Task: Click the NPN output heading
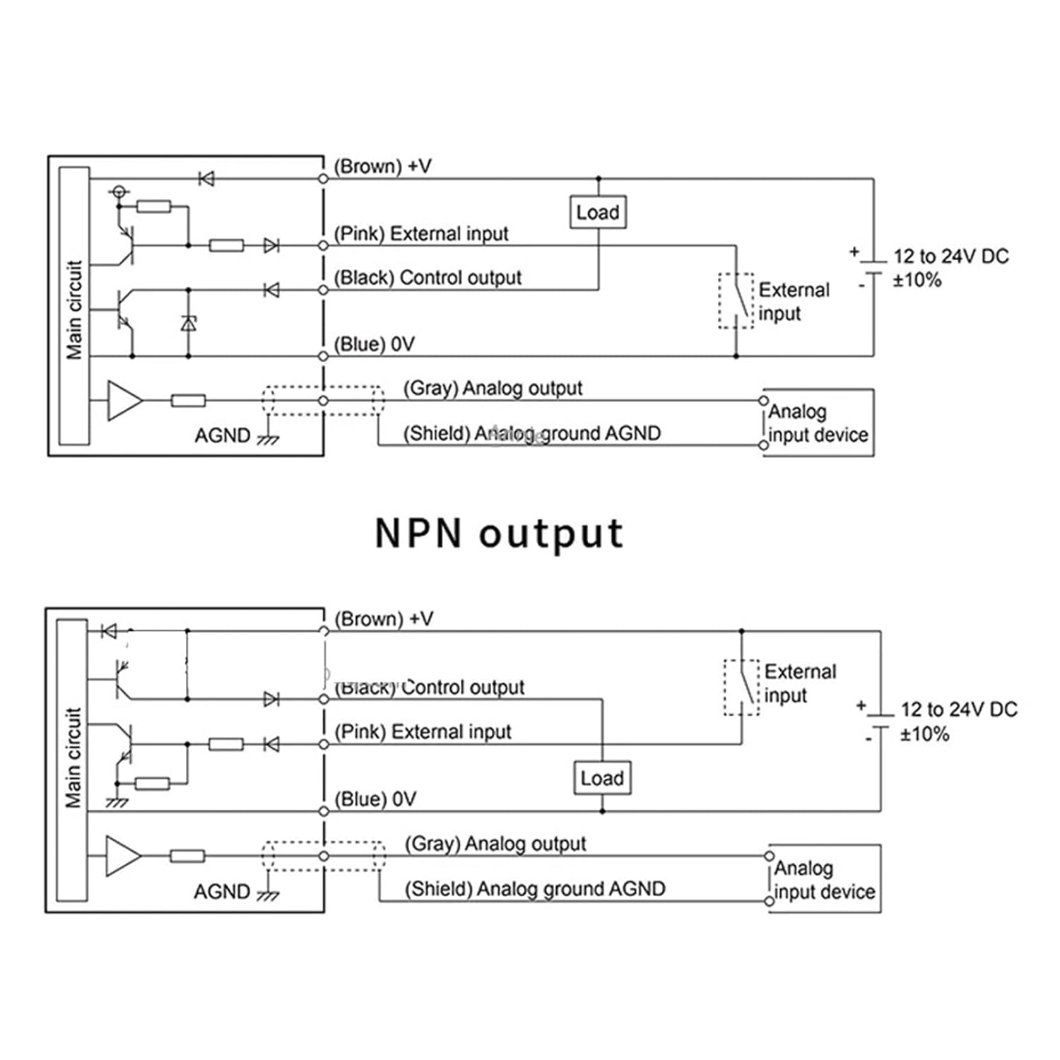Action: pos(499,534)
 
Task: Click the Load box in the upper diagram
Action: pos(598,212)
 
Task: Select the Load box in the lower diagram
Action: pos(602,778)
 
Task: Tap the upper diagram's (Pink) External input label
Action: pos(421,234)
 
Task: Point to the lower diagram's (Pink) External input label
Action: pos(423,731)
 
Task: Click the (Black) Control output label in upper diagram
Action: pos(428,278)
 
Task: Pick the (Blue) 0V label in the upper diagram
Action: pos(374,344)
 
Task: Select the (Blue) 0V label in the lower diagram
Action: pos(375,799)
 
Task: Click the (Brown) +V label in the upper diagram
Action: pos(382,167)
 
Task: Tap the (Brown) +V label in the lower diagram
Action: pos(384,619)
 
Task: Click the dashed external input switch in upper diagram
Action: pos(736,301)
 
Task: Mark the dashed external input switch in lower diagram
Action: pos(741,688)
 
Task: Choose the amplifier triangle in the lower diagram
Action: pos(122,856)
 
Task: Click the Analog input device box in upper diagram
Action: pos(818,423)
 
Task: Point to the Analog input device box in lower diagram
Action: pos(824,878)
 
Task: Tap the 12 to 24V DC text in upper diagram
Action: pos(950,257)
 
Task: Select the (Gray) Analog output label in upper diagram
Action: pos(493,388)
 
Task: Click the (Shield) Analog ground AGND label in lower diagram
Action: pos(535,888)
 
